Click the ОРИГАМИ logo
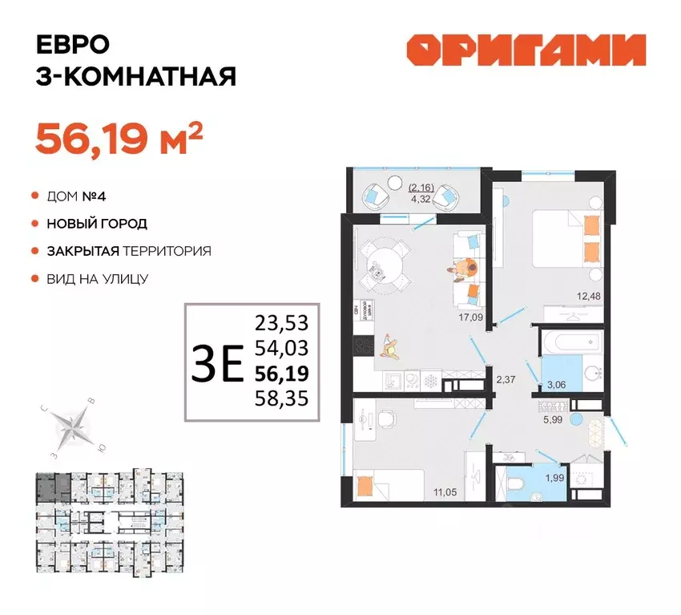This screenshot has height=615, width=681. pyautogui.click(x=526, y=51)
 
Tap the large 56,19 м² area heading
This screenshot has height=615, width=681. pyautogui.click(x=117, y=139)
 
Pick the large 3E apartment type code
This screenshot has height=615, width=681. pyautogui.click(x=217, y=365)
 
